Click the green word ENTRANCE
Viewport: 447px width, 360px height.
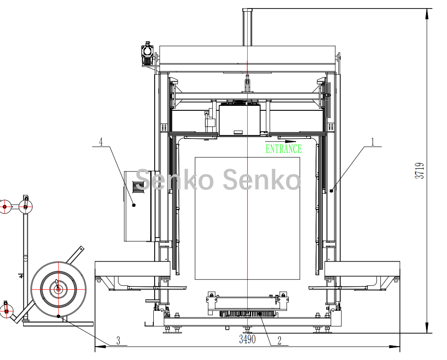point(284,149)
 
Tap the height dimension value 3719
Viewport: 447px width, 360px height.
point(420,171)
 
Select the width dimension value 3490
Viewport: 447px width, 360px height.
point(247,339)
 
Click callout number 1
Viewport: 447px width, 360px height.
point(373,142)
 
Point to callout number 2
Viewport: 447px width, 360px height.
point(279,340)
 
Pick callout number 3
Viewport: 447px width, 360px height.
point(118,340)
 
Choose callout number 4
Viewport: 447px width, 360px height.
point(101,142)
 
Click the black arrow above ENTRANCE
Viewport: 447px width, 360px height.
point(281,141)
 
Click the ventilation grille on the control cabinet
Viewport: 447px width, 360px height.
point(138,186)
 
